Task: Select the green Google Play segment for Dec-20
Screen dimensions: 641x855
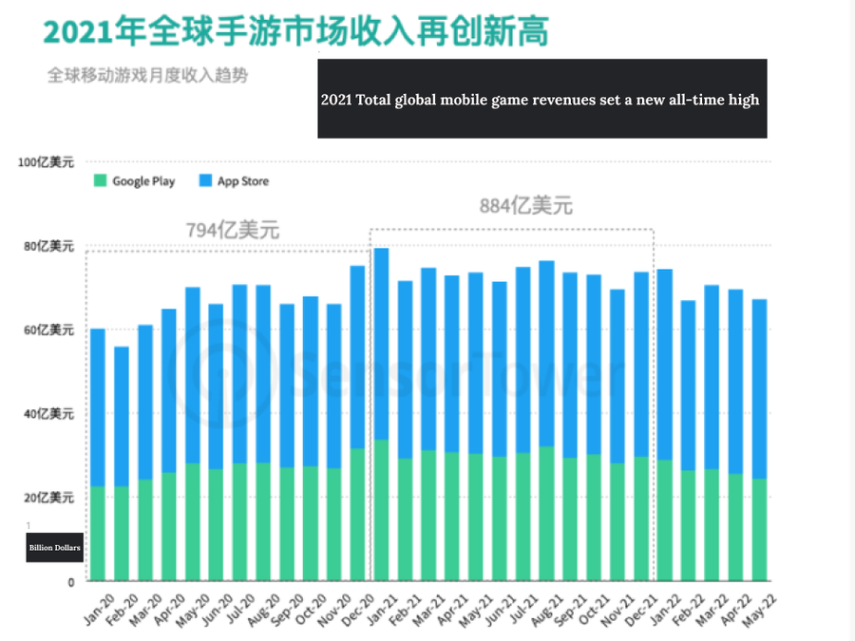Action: pyautogui.click(x=357, y=514)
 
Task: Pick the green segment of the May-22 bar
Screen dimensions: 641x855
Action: pyautogui.click(x=758, y=529)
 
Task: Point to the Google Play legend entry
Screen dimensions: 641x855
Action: pyautogui.click(x=134, y=181)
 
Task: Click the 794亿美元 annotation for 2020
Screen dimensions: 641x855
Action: pyautogui.click(x=233, y=230)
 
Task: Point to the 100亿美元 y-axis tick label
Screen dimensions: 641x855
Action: pyautogui.click(x=46, y=162)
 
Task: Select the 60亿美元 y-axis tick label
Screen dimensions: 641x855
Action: pyautogui.click(x=48, y=330)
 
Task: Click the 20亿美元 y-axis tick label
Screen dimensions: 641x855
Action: pyautogui.click(x=48, y=498)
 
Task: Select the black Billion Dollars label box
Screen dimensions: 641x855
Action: pyautogui.click(x=54, y=548)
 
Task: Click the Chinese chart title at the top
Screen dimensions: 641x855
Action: pyautogui.click(x=295, y=32)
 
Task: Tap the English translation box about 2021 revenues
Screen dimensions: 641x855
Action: pyautogui.click(x=541, y=99)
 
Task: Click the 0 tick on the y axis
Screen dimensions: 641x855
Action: pyautogui.click(x=70, y=581)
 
